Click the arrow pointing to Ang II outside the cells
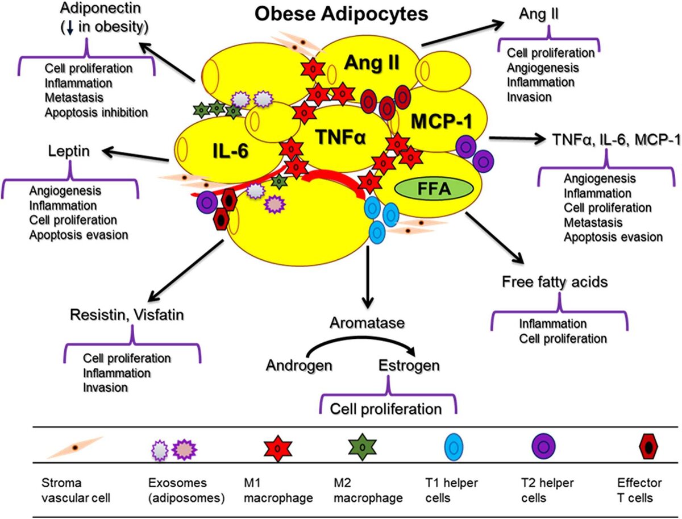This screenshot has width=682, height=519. point(463,34)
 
